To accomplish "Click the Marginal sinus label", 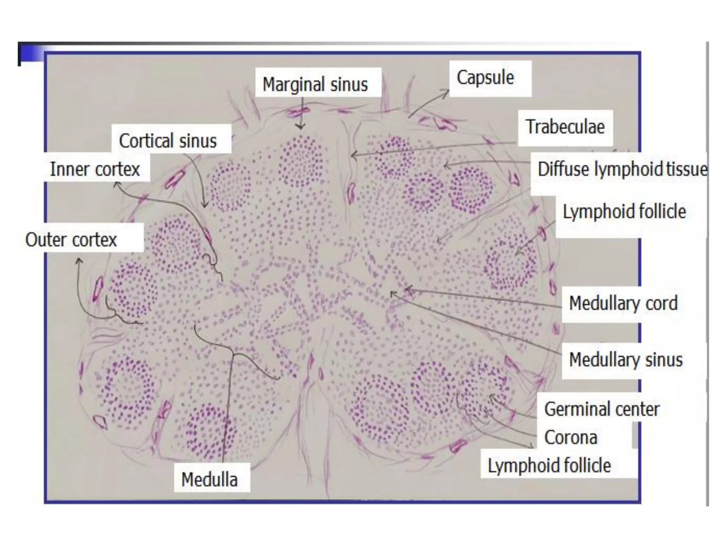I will click(315, 84).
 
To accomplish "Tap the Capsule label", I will click(485, 77).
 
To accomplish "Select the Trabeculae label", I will click(565, 127).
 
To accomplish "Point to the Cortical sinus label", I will click(168, 141).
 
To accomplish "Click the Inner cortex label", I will click(95, 169).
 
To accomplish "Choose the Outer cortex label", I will click(71, 240).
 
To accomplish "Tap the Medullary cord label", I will click(623, 303).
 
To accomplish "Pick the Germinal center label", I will click(602, 409).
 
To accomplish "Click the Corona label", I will click(571, 437).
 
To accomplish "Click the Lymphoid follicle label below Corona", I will click(549, 466).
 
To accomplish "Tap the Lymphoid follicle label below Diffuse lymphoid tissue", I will click(624, 211).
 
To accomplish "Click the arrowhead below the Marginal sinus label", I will click(300, 127).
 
